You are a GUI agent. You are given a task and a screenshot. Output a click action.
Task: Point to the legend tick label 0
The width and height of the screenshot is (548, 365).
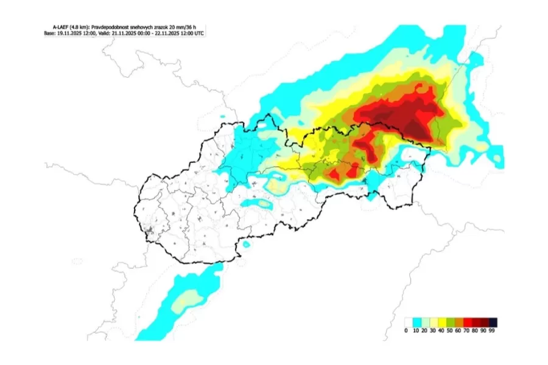(x=406, y=331)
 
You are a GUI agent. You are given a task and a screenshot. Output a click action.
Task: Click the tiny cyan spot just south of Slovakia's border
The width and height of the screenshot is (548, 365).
(x=246, y=244)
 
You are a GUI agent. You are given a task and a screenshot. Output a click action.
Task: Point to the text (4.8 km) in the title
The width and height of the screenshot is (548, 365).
(x=77, y=27)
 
